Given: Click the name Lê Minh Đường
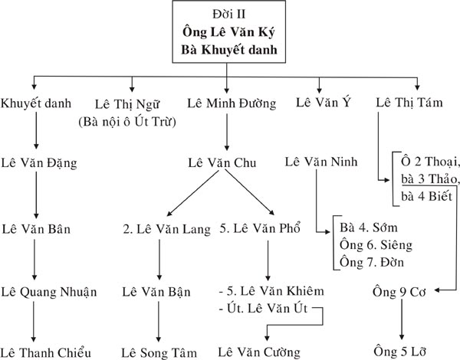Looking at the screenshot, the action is pos(232,103).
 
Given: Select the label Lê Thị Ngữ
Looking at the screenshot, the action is pos(127,104).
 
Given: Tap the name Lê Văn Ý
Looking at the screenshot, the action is pos(324,103).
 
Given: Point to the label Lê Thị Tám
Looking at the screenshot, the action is pos(409,103).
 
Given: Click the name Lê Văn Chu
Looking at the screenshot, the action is pos(222,162).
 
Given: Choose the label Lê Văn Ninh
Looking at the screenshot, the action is pos(321,162).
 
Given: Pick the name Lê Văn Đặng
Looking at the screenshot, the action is pos(39,163).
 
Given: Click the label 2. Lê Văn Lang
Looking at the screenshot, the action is pos(167,229).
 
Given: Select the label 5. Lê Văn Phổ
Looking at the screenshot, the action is pos(260,228).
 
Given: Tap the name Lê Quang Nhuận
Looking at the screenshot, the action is pos(49,292).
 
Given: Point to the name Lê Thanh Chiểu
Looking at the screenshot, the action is pos(46,352).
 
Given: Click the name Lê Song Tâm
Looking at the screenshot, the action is pos(159,352).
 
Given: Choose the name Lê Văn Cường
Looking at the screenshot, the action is pos(259,352).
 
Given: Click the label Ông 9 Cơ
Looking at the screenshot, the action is pos(399,292).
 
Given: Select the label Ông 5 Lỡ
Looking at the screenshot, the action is pos(399,352).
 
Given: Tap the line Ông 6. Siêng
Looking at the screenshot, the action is pos(376,245).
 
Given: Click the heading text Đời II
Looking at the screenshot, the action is pos(229,14).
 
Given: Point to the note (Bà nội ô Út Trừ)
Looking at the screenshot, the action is pos(127,122).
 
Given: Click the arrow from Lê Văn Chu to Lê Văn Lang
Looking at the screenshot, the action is pos(193,193).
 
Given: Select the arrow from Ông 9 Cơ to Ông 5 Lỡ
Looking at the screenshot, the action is pos(402,319).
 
